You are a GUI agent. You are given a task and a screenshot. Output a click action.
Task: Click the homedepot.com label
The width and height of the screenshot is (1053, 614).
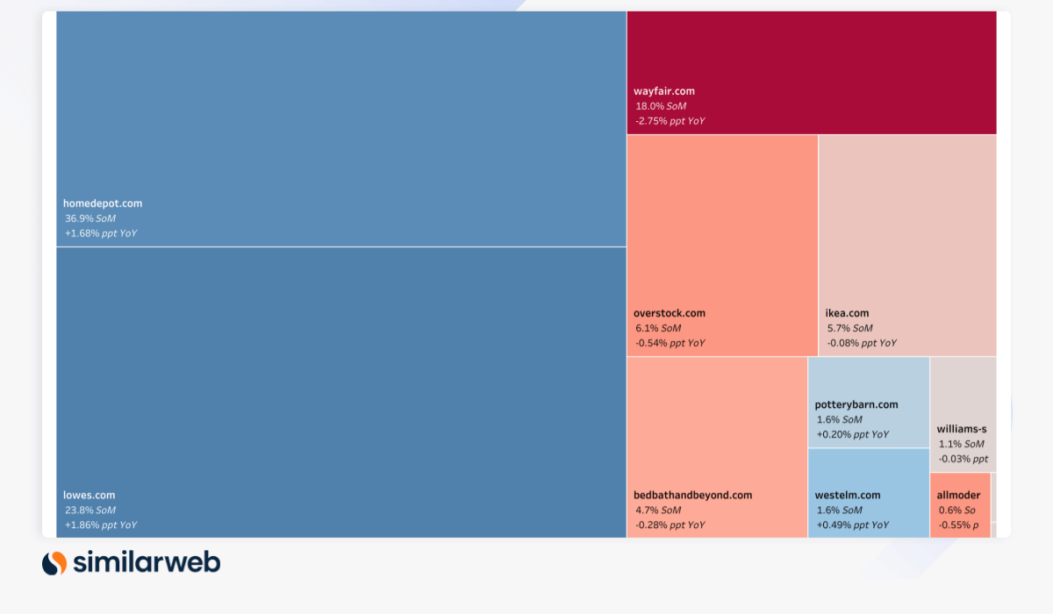[103, 203]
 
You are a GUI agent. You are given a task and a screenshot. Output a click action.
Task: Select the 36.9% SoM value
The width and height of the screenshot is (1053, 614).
[90, 218]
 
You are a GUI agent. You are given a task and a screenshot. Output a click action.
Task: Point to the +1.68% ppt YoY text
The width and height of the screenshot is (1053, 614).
[101, 233]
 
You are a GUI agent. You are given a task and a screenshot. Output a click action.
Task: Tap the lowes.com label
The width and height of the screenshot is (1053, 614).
[89, 495]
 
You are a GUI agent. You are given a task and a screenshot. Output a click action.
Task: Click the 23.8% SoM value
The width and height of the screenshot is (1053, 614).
[90, 510]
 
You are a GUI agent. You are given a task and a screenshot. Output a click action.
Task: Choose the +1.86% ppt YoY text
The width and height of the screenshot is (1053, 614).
[101, 525]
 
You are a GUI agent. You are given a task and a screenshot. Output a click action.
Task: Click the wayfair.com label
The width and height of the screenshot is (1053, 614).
[664, 91]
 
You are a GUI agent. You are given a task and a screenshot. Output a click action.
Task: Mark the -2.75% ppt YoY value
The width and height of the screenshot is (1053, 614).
[670, 121]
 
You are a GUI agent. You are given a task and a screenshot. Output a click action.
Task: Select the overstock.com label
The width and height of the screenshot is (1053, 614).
[670, 313]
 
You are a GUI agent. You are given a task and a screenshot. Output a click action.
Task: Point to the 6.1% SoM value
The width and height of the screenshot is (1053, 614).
[658, 328]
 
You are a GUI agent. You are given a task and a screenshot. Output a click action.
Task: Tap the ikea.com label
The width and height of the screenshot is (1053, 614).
[847, 313]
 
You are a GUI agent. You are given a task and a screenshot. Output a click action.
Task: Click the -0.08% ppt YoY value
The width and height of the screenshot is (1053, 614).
[862, 343]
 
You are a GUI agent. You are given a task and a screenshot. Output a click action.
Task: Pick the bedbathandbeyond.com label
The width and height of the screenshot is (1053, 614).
[693, 495]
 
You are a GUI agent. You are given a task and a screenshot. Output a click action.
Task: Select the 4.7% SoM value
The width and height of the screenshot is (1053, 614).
[658, 510]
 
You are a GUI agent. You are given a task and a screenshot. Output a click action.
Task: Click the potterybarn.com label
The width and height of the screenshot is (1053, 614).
[856, 404]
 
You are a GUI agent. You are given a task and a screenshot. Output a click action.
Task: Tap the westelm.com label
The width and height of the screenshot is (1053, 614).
[848, 495]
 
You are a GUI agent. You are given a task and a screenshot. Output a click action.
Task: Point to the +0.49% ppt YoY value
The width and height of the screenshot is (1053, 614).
[853, 525]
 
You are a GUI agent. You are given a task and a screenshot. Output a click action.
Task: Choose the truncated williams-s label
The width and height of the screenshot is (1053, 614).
[962, 429]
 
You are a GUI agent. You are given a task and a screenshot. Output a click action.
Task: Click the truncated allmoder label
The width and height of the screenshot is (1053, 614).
[959, 495]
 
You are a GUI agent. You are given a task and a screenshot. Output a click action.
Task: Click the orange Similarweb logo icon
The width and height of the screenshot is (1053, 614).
[54, 562]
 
